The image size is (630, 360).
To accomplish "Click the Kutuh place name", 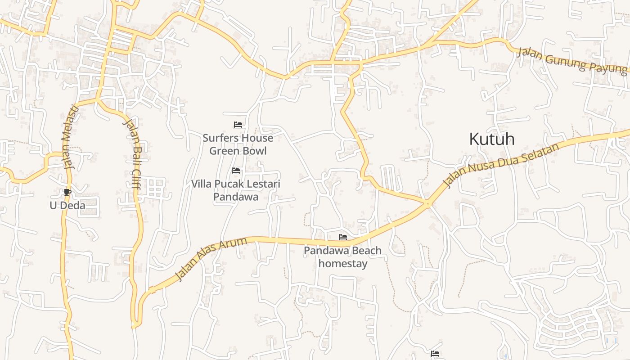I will (x=491, y=139).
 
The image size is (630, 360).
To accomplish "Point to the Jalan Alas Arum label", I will (x=211, y=259).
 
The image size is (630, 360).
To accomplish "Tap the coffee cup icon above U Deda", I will (x=67, y=193).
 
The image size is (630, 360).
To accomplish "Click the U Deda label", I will (x=67, y=206).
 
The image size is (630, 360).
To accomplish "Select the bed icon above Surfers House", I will (x=238, y=125).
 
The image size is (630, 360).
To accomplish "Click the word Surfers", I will (x=220, y=138).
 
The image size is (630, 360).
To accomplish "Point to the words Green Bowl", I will (x=238, y=151).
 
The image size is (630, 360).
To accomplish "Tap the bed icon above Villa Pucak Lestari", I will (x=236, y=171).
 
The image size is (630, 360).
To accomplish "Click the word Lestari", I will (x=263, y=184).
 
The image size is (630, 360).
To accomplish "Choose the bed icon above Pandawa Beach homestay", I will (x=343, y=237).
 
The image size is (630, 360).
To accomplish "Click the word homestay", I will (x=343, y=263).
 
